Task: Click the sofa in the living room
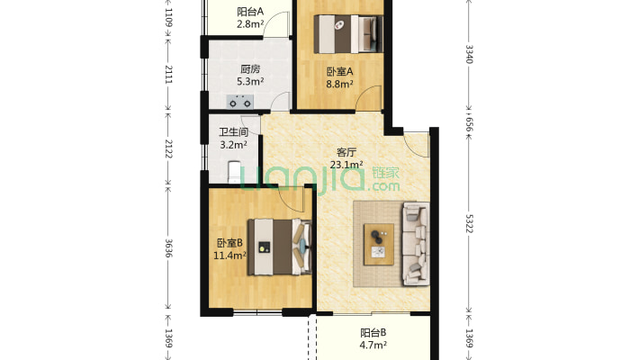pos(416,244)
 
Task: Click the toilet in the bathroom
pos(235,171)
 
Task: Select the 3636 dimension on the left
pos(167,248)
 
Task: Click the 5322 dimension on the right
pos(468,223)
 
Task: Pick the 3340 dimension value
pos(468,53)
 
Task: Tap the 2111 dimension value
pos(167,76)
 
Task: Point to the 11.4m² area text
pos(229,256)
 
